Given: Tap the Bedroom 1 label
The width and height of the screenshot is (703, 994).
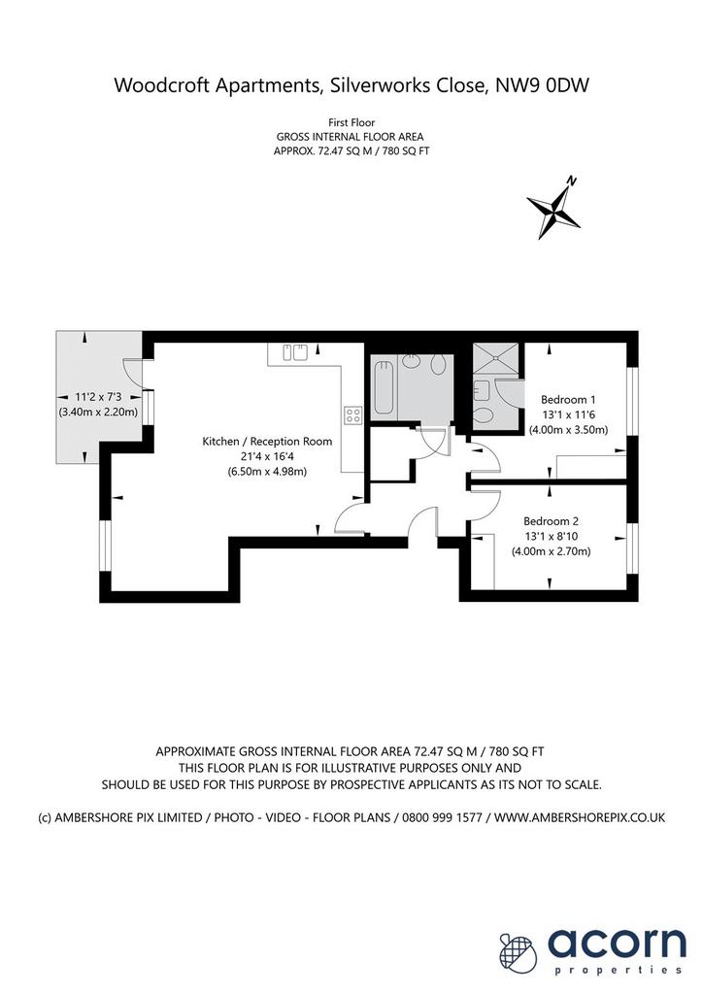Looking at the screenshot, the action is [x=568, y=400].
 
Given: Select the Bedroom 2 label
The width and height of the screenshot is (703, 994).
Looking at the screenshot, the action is [x=551, y=521].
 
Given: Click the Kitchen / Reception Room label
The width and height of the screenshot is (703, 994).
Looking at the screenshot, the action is [x=267, y=442].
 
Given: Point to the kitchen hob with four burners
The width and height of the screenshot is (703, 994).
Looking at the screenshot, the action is [x=353, y=415].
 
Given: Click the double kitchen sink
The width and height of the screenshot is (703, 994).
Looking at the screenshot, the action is [x=295, y=351].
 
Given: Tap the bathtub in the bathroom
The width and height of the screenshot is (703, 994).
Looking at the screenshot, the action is [x=385, y=386].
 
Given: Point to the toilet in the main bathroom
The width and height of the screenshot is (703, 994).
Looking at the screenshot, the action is [x=438, y=365].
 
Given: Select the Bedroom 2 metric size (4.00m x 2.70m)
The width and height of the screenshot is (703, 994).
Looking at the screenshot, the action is [x=551, y=551].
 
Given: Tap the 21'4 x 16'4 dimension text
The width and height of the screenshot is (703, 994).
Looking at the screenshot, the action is [x=267, y=456].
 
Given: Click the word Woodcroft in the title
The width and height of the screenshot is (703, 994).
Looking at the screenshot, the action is [x=163, y=85].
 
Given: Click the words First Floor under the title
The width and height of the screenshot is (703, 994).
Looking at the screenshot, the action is [x=351, y=123].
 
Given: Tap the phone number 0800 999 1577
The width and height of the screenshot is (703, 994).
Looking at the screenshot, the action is [x=439, y=817].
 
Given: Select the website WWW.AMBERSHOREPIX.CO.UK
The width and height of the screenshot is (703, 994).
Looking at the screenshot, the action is [x=580, y=817].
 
